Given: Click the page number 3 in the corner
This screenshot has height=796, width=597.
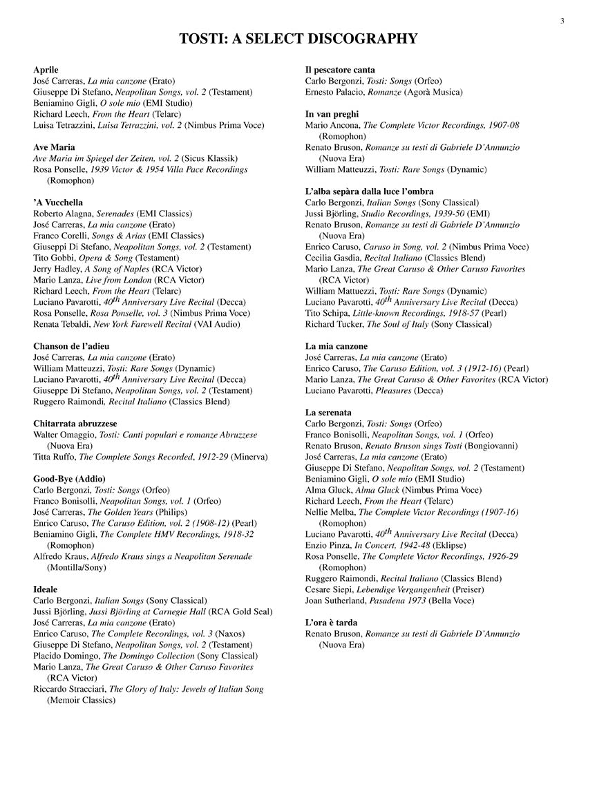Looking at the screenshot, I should (562, 21).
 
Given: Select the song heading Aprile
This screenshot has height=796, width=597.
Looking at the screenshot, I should (46, 70).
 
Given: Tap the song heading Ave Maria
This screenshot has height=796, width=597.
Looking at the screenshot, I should (54, 147).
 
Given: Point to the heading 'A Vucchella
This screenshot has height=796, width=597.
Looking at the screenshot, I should (58, 202).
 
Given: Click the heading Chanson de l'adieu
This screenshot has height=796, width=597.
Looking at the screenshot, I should (71, 345).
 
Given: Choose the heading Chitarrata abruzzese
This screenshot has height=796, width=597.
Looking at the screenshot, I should (75, 423).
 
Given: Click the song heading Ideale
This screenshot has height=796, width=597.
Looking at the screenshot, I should (46, 589).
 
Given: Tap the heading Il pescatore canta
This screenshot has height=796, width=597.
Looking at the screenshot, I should (340, 70).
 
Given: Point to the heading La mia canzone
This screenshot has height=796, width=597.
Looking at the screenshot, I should (337, 345).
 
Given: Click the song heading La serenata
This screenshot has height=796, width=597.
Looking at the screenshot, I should (328, 413).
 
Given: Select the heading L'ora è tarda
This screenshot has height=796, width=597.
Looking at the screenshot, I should (331, 623).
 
